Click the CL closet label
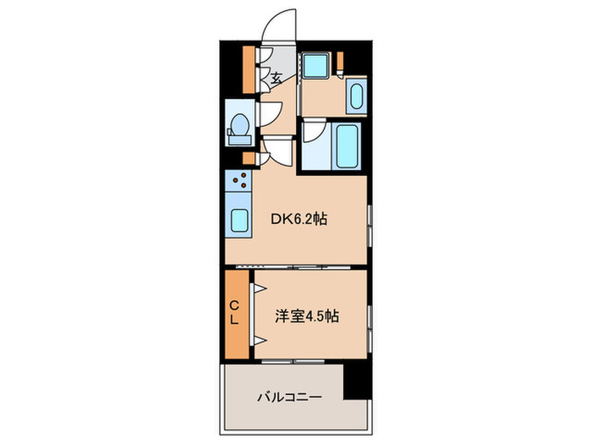point(237,313)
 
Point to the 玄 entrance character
point(277,79)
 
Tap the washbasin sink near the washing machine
point(355,96)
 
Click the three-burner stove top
point(238,180)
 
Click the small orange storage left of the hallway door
point(249,158)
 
